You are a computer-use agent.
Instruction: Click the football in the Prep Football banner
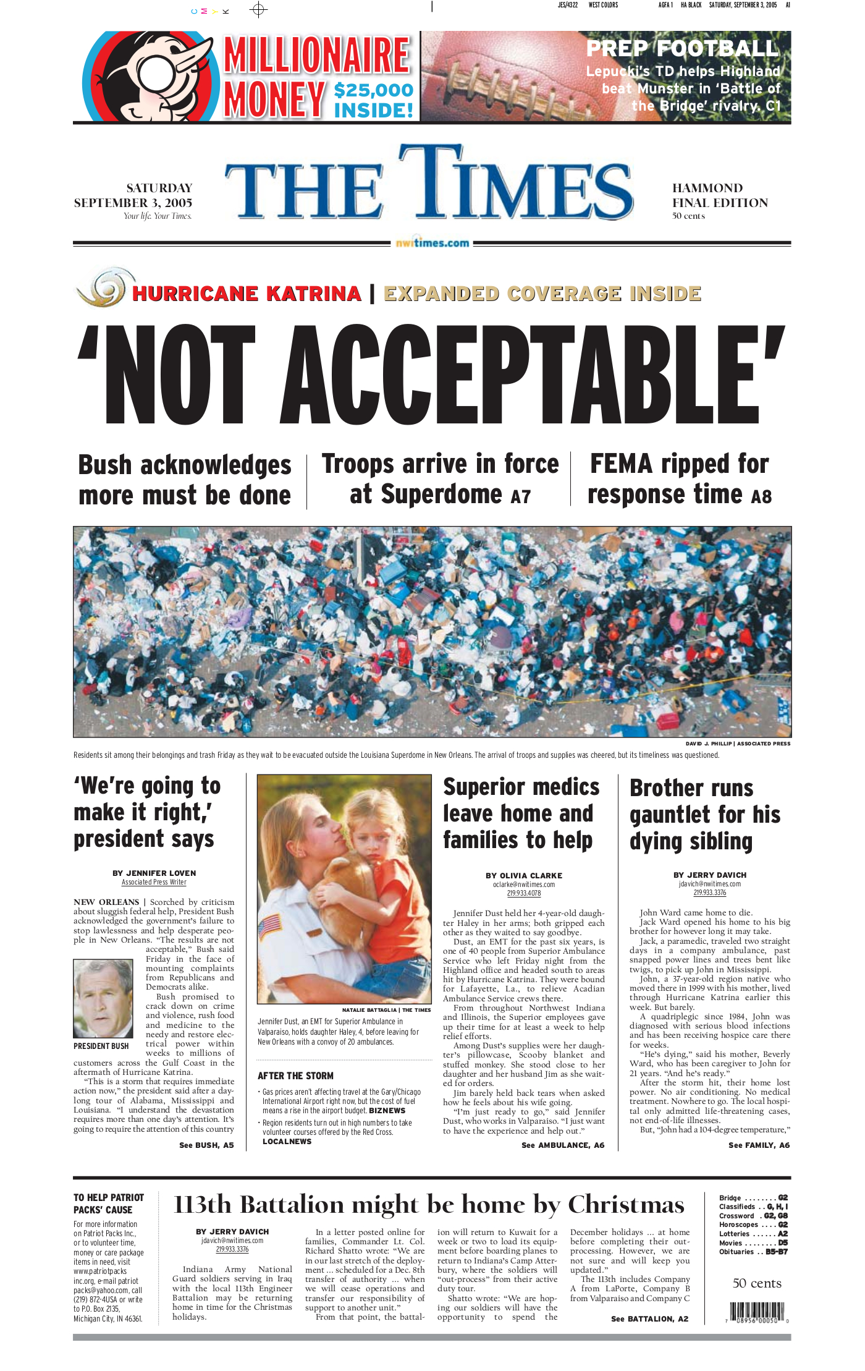point(494,77)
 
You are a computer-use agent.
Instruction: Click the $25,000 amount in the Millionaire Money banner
point(373,90)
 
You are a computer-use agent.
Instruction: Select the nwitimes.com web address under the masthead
point(432,243)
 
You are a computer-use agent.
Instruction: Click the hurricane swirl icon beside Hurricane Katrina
point(103,288)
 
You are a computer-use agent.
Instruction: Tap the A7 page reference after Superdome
point(520,497)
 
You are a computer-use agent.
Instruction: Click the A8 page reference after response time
point(761,496)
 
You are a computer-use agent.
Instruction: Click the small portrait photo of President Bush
point(103,998)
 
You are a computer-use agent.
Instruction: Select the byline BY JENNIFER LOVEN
point(154,873)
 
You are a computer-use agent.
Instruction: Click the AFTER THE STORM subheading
point(295,1076)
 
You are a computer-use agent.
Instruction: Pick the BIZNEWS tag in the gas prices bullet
point(387,1111)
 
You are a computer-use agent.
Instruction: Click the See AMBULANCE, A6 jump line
point(562,1145)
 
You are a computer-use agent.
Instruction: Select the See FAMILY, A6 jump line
point(759,1145)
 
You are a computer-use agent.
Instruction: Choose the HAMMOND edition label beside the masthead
point(707,188)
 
